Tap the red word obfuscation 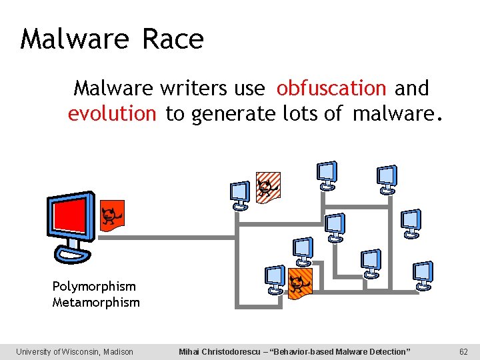(331, 88)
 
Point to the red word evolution (111, 114)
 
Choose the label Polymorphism (94, 287)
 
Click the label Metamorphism (96, 303)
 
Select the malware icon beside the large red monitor (112, 215)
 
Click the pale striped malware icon (269, 187)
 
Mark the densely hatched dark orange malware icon (301, 283)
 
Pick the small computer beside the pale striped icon (239, 195)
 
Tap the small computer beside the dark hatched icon (275, 279)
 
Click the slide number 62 (464, 351)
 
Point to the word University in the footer (37, 351)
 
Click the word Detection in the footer (387, 351)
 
